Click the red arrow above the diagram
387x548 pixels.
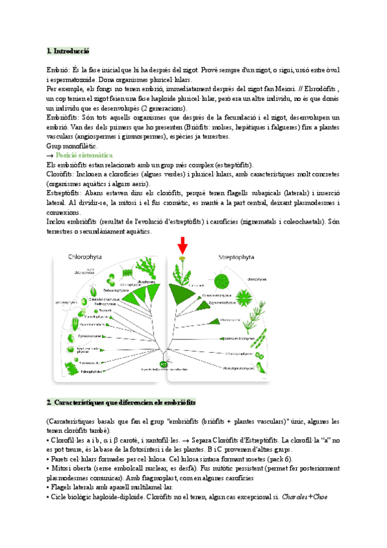[183, 246]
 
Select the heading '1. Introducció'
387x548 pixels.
[68, 50]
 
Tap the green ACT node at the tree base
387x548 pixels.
[164, 365]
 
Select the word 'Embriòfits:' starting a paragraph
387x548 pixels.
[63, 118]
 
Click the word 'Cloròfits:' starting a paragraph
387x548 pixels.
[61, 174]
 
